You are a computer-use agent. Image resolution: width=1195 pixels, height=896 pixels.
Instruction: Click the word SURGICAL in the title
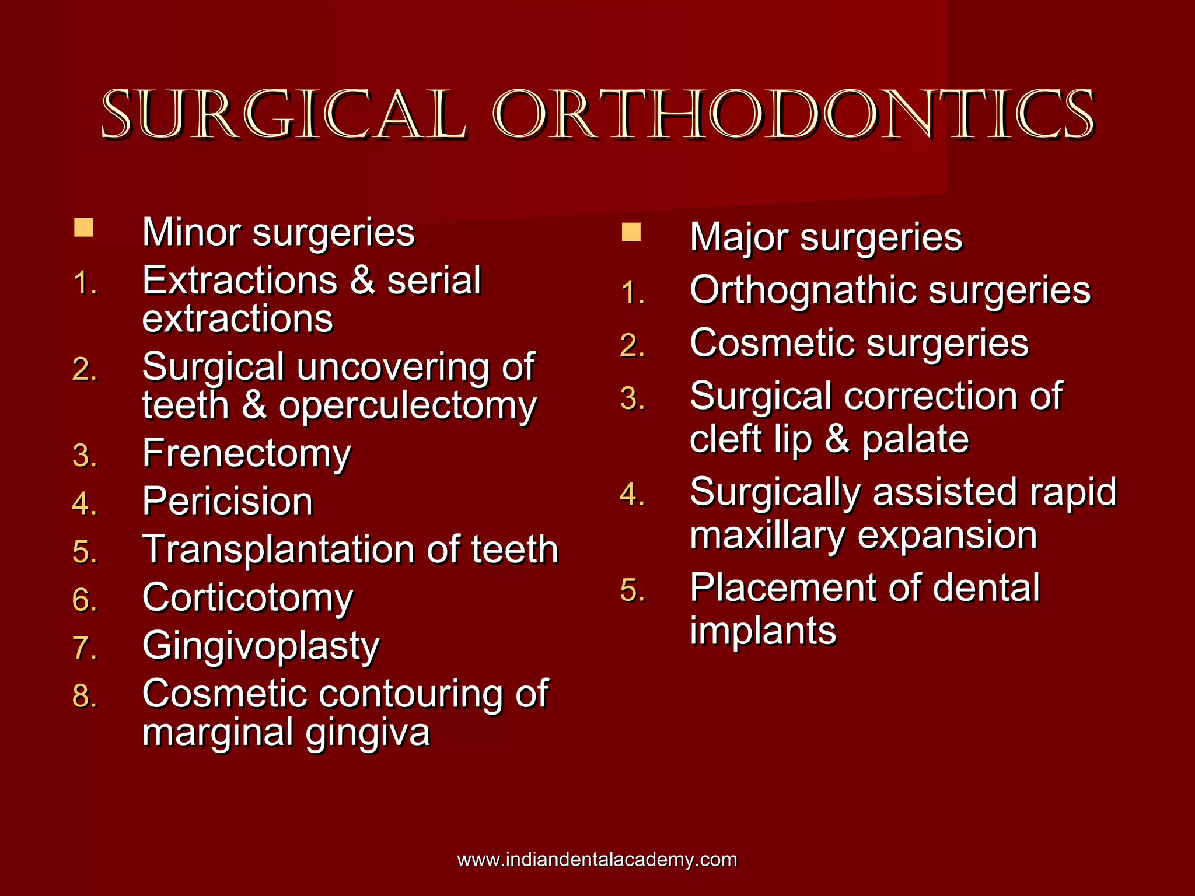pyautogui.click(x=284, y=115)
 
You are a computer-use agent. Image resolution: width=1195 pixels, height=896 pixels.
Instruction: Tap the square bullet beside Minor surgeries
pyautogui.click(x=83, y=228)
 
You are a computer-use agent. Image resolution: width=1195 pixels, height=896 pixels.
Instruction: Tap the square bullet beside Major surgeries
pyautogui.click(x=631, y=232)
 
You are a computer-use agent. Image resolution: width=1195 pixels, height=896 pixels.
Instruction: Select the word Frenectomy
pyautogui.click(x=247, y=454)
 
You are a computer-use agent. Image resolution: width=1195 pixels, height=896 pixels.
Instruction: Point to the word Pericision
pyautogui.click(x=228, y=502)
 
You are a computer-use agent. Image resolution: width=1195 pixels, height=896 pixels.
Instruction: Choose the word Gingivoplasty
pyautogui.click(x=261, y=646)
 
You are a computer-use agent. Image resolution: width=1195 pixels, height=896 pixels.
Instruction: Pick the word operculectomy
pyautogui.click(x=407, y=406)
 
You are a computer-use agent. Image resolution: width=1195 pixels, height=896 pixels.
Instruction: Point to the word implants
pyautogui.click(x=763, y=631)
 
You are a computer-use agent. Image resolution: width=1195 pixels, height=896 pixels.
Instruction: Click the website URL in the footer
pyautogui.click(x=597, y=859)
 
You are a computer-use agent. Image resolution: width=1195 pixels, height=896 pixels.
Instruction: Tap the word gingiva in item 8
pyautogui.click(x=368, y=733)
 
